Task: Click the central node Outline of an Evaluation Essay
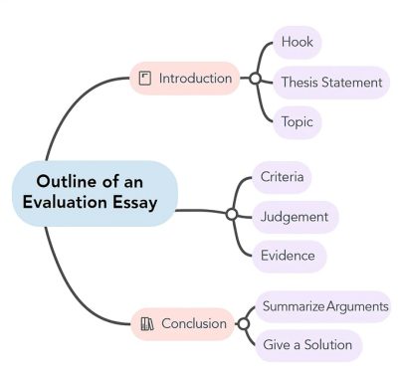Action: [95, 192]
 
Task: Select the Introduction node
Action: [185, 78]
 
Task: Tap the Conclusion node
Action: [185, 323]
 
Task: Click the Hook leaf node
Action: [298, 42]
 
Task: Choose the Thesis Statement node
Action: [330, 82]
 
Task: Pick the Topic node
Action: [297, 121]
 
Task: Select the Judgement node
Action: [294, 216]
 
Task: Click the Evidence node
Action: [288, 256]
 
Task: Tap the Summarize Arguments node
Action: [324, 306]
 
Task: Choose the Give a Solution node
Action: [306, 345]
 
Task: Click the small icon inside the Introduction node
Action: [145, 78]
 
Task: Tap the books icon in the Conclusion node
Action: [146, 323]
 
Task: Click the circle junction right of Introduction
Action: [255, 78]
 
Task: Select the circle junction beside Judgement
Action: [231, 214]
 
